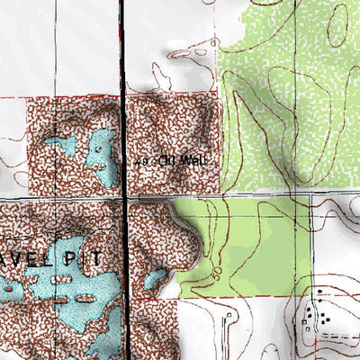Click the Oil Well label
pos(176,161)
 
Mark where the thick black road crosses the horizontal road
pos(122,196)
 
